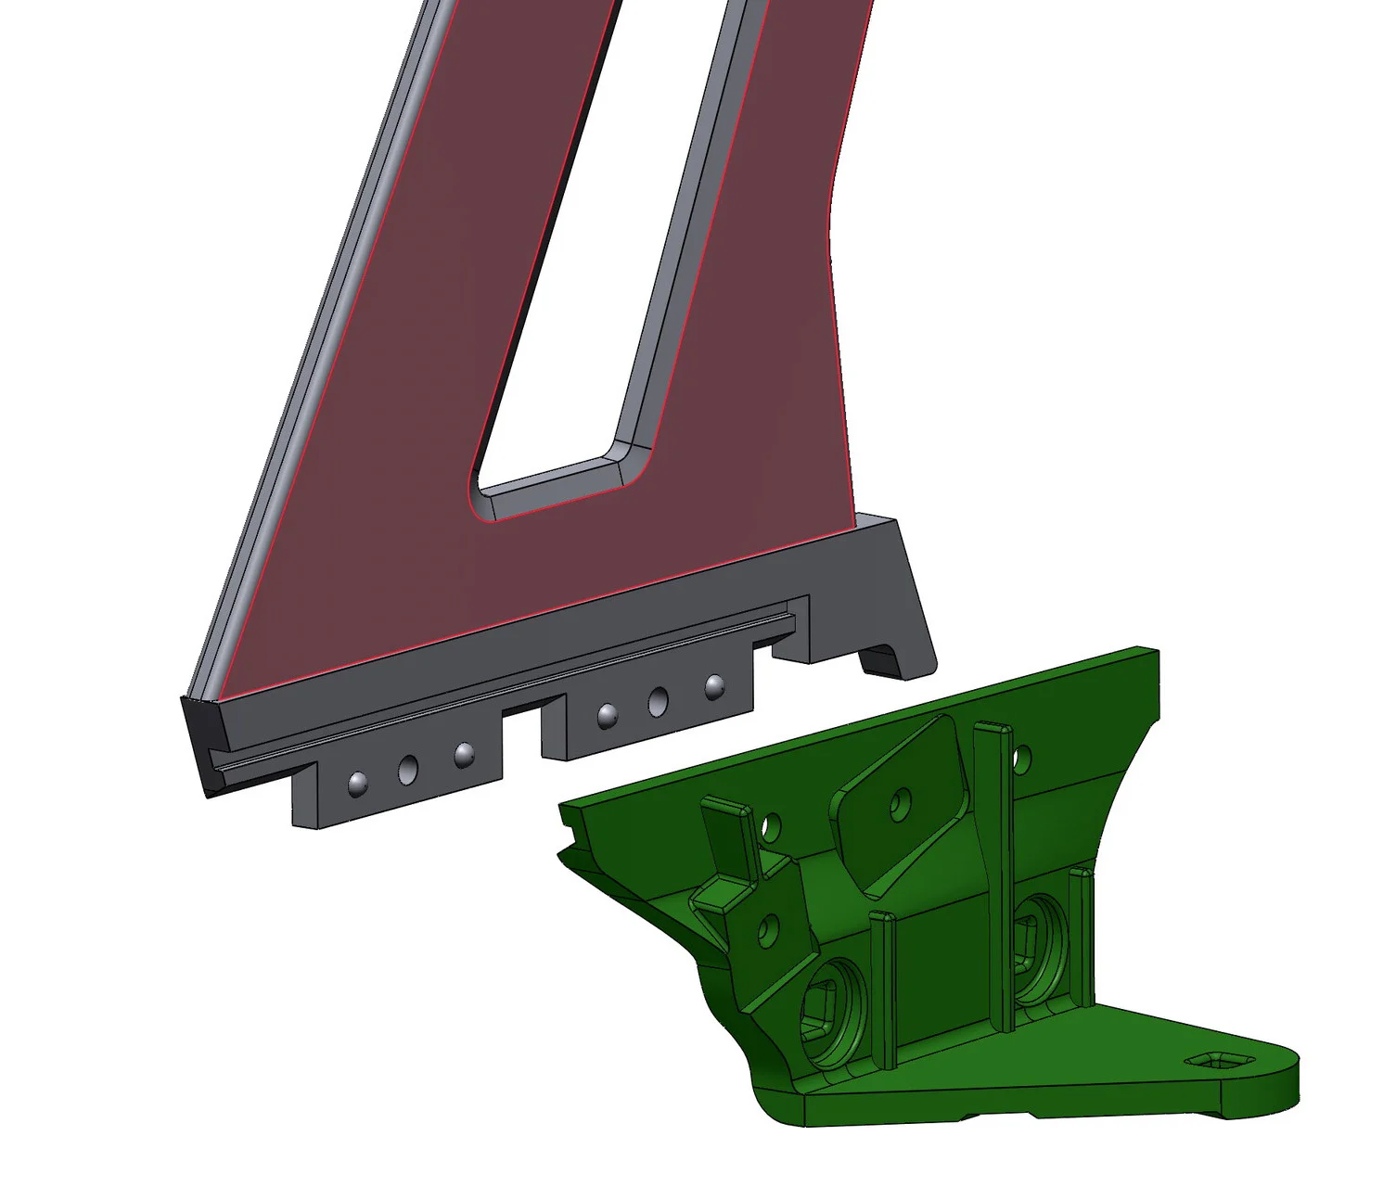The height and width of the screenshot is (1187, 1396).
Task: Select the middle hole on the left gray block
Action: pos(408,768)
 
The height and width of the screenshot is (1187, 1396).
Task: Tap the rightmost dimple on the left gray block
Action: pos(463,754)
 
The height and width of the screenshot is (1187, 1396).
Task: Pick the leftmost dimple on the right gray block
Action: pos(607,715)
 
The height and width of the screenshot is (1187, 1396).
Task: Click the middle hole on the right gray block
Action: pos(659,699)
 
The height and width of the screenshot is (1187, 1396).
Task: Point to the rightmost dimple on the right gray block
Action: pos(714,686)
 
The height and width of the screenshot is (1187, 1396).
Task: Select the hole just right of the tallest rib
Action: pos(1021,759)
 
